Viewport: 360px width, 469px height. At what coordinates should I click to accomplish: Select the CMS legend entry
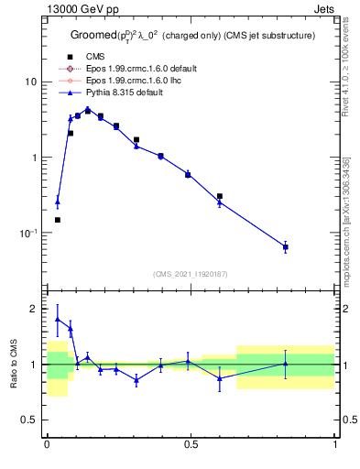pos(95,57)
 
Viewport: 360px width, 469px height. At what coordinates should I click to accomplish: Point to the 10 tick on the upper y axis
pos(30,82)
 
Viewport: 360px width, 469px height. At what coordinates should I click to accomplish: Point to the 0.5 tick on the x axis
pos(191,445)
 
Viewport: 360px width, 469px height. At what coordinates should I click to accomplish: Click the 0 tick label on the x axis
pos(47,445)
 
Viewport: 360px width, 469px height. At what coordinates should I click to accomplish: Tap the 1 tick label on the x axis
pos(335,445)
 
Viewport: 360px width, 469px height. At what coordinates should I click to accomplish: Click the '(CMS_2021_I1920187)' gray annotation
pos(191,274)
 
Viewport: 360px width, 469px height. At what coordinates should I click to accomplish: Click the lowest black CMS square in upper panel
pos(57,220)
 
